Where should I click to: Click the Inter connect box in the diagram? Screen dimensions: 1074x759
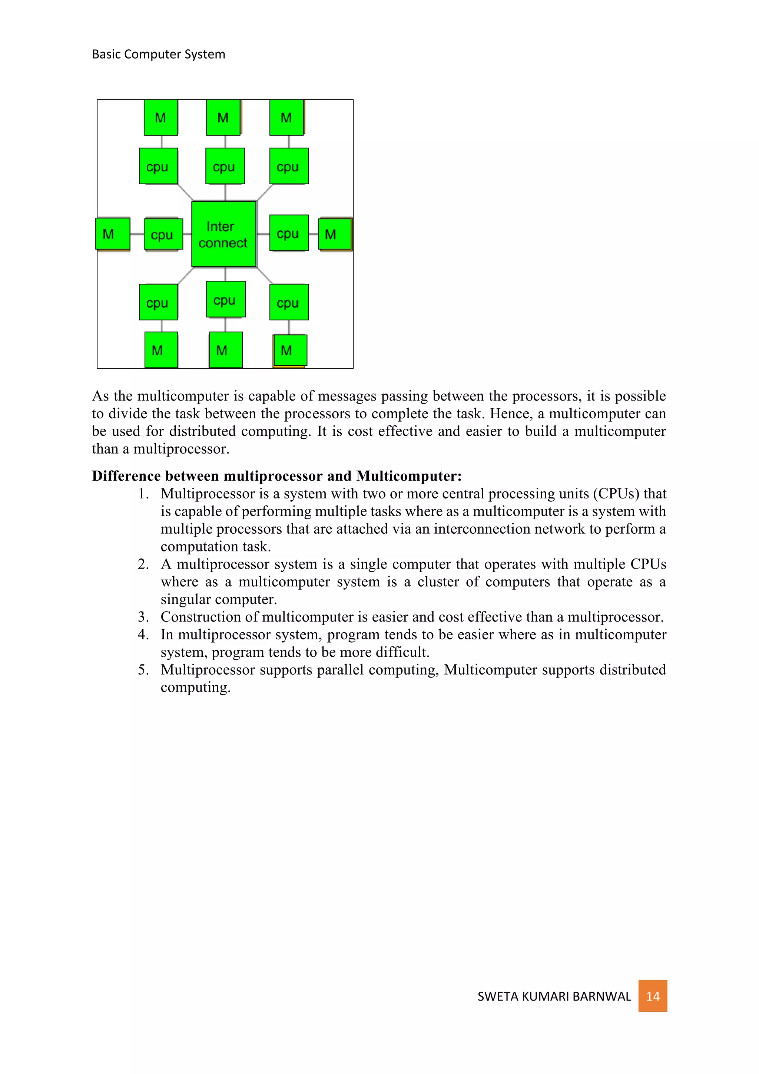(x=223, y=234)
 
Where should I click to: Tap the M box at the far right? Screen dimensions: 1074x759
(x=335, y=234)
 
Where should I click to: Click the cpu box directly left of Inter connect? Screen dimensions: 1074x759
(x=163, y=234)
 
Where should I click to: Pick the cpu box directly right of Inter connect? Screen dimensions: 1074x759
(x=289, y=233)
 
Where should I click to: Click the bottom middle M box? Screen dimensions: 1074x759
(x=225, y=349)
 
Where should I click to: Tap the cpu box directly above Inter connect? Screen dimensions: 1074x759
(x=225, y=167)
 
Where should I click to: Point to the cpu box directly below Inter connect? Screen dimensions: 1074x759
(x=226, y=299)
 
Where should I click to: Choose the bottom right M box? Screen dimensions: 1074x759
(x=290, y=350)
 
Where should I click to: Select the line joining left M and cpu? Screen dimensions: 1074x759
(x=137, y=234)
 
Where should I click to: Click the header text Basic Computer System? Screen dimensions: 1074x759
(x=159, y=54)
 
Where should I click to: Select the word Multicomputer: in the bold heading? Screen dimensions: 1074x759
(x=408, y=476)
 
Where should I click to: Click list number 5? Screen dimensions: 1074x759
(x=143, y=670)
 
